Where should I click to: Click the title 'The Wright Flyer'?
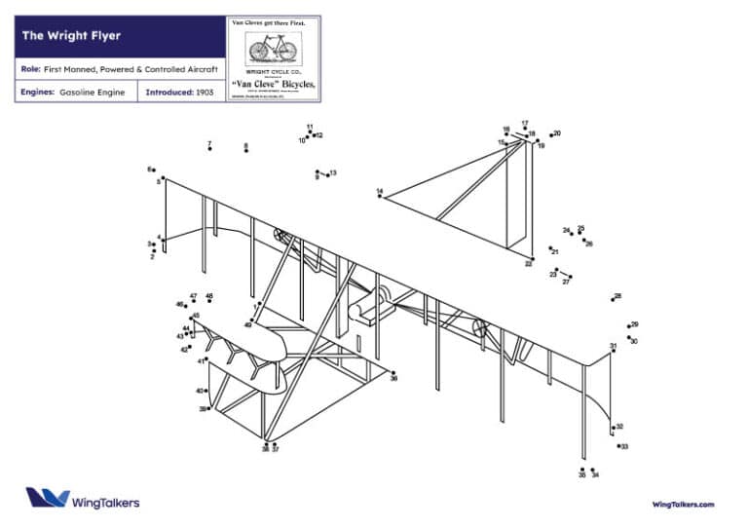[71, 36]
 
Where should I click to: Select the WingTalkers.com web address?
[683, 504]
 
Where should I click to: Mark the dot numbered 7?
[209, 149]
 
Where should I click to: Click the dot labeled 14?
[380, 196]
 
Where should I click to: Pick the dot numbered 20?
[551, 134]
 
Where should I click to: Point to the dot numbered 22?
[530, 258]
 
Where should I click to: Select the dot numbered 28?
[612, 299]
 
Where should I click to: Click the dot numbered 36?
[393, 372]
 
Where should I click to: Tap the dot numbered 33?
[618, 445]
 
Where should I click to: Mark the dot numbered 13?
[327, 174]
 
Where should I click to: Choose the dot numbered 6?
[156, 170]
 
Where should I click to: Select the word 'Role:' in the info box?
[30, 69]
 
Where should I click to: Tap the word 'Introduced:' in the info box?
[168, 93]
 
